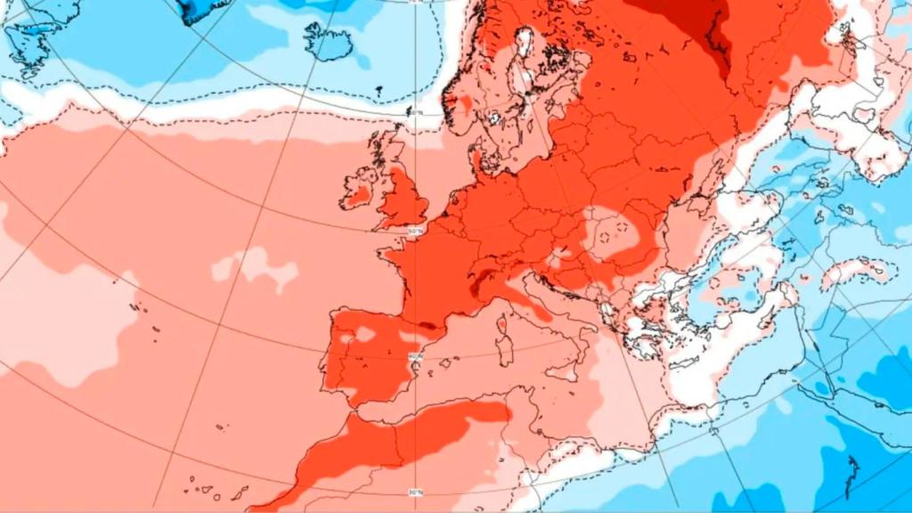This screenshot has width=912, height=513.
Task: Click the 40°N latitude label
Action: tap(414, 356)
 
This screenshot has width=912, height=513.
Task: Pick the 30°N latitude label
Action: tap(414, 491)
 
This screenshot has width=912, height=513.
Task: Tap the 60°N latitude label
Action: tap(415, 111)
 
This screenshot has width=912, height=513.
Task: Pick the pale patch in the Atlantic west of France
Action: tap(254, 267)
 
